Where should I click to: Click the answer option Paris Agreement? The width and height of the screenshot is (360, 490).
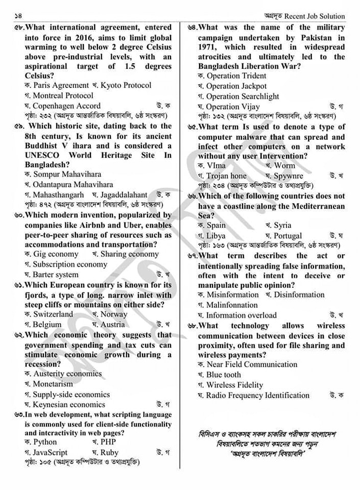(x=60, y=85)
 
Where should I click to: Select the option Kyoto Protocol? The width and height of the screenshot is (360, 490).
(x=126, y=85)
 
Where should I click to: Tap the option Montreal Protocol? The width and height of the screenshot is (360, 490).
(x=63, y=95)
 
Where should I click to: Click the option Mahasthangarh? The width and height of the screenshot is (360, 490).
(x=58, y=195)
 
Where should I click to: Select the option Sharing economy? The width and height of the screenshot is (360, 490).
(x=129, y=254)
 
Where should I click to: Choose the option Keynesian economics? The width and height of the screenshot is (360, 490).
(x=68, y=405)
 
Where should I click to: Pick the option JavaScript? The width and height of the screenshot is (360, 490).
(x=50, y=452)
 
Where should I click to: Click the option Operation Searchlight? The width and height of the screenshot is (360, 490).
(x=243, y=96)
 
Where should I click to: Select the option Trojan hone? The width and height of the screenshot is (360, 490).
(x=226, y=176)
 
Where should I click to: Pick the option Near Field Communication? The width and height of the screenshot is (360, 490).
(x=252, y=364)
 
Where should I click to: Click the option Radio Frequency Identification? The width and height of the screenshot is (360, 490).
(x=257, y=395)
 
